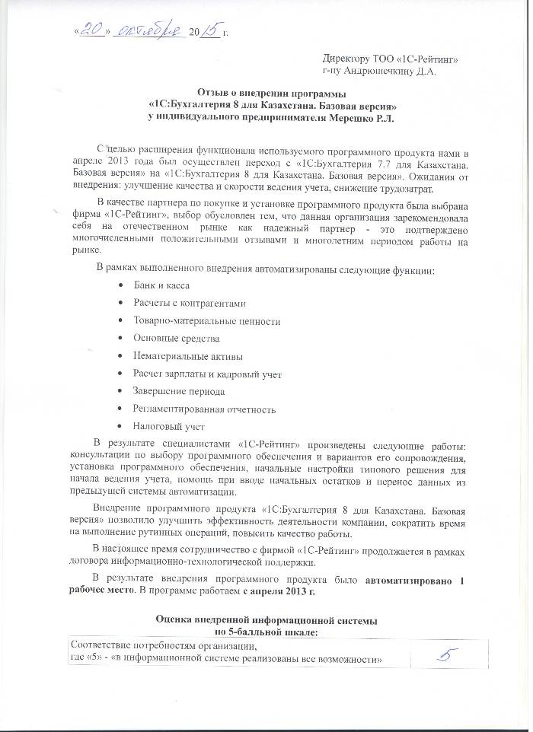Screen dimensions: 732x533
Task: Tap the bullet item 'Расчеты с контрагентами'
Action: point(190,303)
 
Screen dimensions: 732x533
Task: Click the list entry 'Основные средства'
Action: point(176,338)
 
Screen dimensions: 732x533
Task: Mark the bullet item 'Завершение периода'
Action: point(179,391)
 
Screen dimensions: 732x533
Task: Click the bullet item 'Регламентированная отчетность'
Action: point(204,409)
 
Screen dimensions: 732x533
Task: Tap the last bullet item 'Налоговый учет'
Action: point(168,427)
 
